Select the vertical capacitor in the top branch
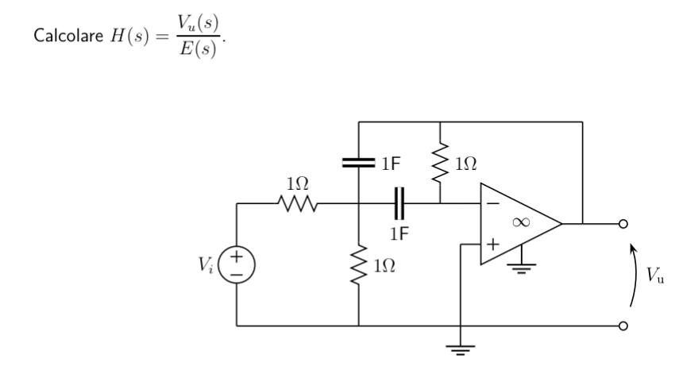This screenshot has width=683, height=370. tap(359, 164)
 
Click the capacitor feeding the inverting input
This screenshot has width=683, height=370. tap(399, 203)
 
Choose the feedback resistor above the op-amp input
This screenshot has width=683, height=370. tap(440, 164)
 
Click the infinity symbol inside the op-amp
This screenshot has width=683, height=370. tap(520, 222)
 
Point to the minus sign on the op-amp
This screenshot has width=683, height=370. tap(492, 204)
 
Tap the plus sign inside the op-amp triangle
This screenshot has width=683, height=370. tap(492, 244)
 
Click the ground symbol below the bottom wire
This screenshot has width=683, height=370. tap(460, 346)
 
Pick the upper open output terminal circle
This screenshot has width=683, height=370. tap(623, 224)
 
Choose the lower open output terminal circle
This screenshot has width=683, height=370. tap(623, 326)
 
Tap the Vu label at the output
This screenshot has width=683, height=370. tap(656, 276)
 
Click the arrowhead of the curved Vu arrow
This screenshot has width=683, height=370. tap(633, 248)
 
